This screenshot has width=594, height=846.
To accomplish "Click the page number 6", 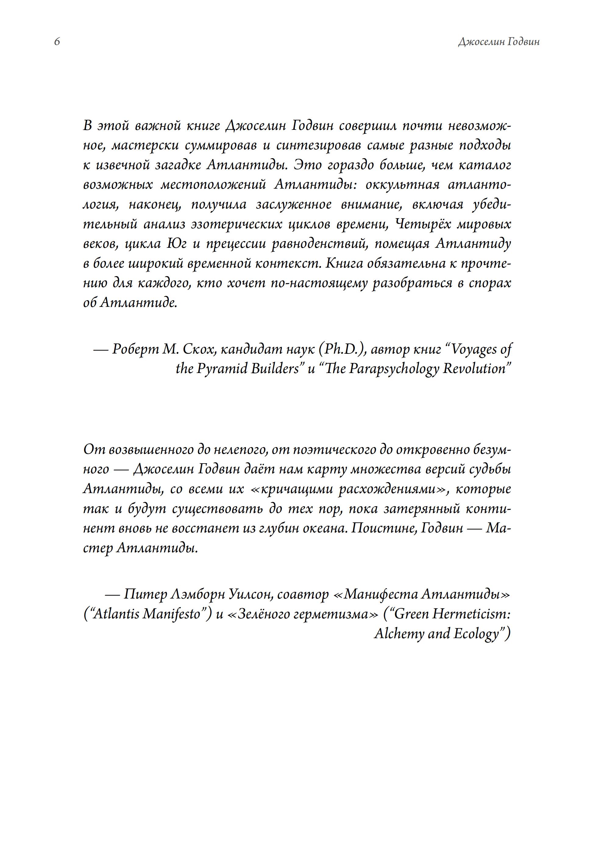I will click(57, 42).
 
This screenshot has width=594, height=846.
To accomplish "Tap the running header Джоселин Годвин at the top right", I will click(499, 42).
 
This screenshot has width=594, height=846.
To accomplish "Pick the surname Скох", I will click(198, 349).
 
